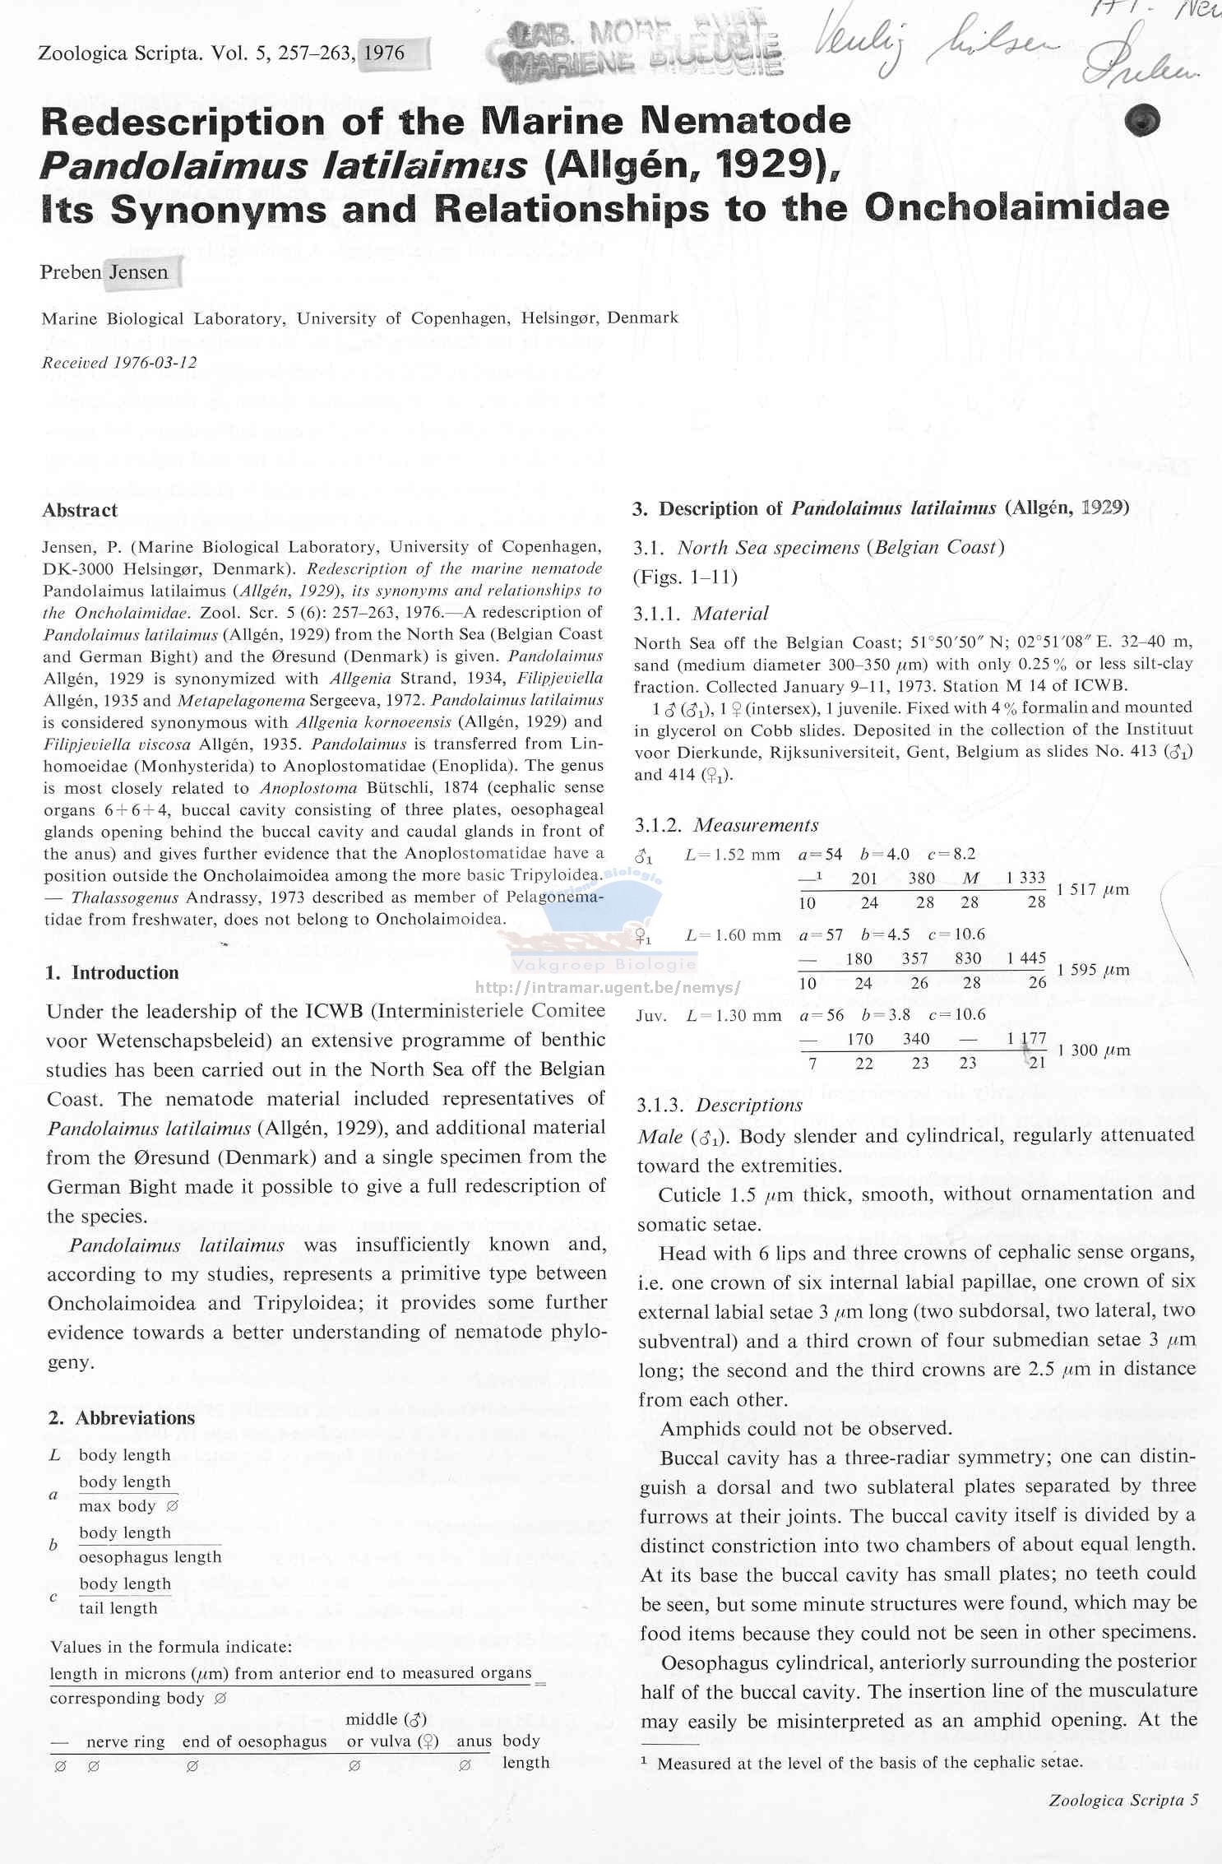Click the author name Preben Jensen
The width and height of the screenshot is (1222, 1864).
pyautogui.click(x=104, y=272)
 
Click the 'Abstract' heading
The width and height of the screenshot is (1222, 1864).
pyautogui.click(x=80, y=510)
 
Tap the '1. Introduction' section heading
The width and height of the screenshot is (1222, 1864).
pyautogui.click(x=113, y=972)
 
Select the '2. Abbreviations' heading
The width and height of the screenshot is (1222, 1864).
pyautogui.click(x=122, y=1417)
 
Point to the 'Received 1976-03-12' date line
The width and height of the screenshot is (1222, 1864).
pyautogui.click(x=119, y=363)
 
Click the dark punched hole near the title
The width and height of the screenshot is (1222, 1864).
pyautogui.click(x=1142, y=120)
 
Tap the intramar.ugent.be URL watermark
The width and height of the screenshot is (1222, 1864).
pyautogui.click(x=609, y=987)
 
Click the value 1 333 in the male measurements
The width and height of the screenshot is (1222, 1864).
pyautogui.click(x=1025, y=878)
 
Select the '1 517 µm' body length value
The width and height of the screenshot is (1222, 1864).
pyautogui.click(x=1093, y=889)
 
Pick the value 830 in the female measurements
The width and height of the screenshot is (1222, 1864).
pyautogui.click(x=968, y=958)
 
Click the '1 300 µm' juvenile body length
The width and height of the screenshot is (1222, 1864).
pyautogui.click(x=1094, y=1050)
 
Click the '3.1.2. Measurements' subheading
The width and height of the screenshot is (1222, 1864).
pyautogui.click(x=727, y=825)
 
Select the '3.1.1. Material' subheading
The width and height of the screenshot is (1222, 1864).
pyautogui.click(x=701, y=614)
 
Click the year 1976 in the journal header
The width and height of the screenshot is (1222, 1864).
pyautogui.click(x=384, y=53)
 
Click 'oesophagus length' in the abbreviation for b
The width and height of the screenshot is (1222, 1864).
pyautogui.click(x=150, y=1557)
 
